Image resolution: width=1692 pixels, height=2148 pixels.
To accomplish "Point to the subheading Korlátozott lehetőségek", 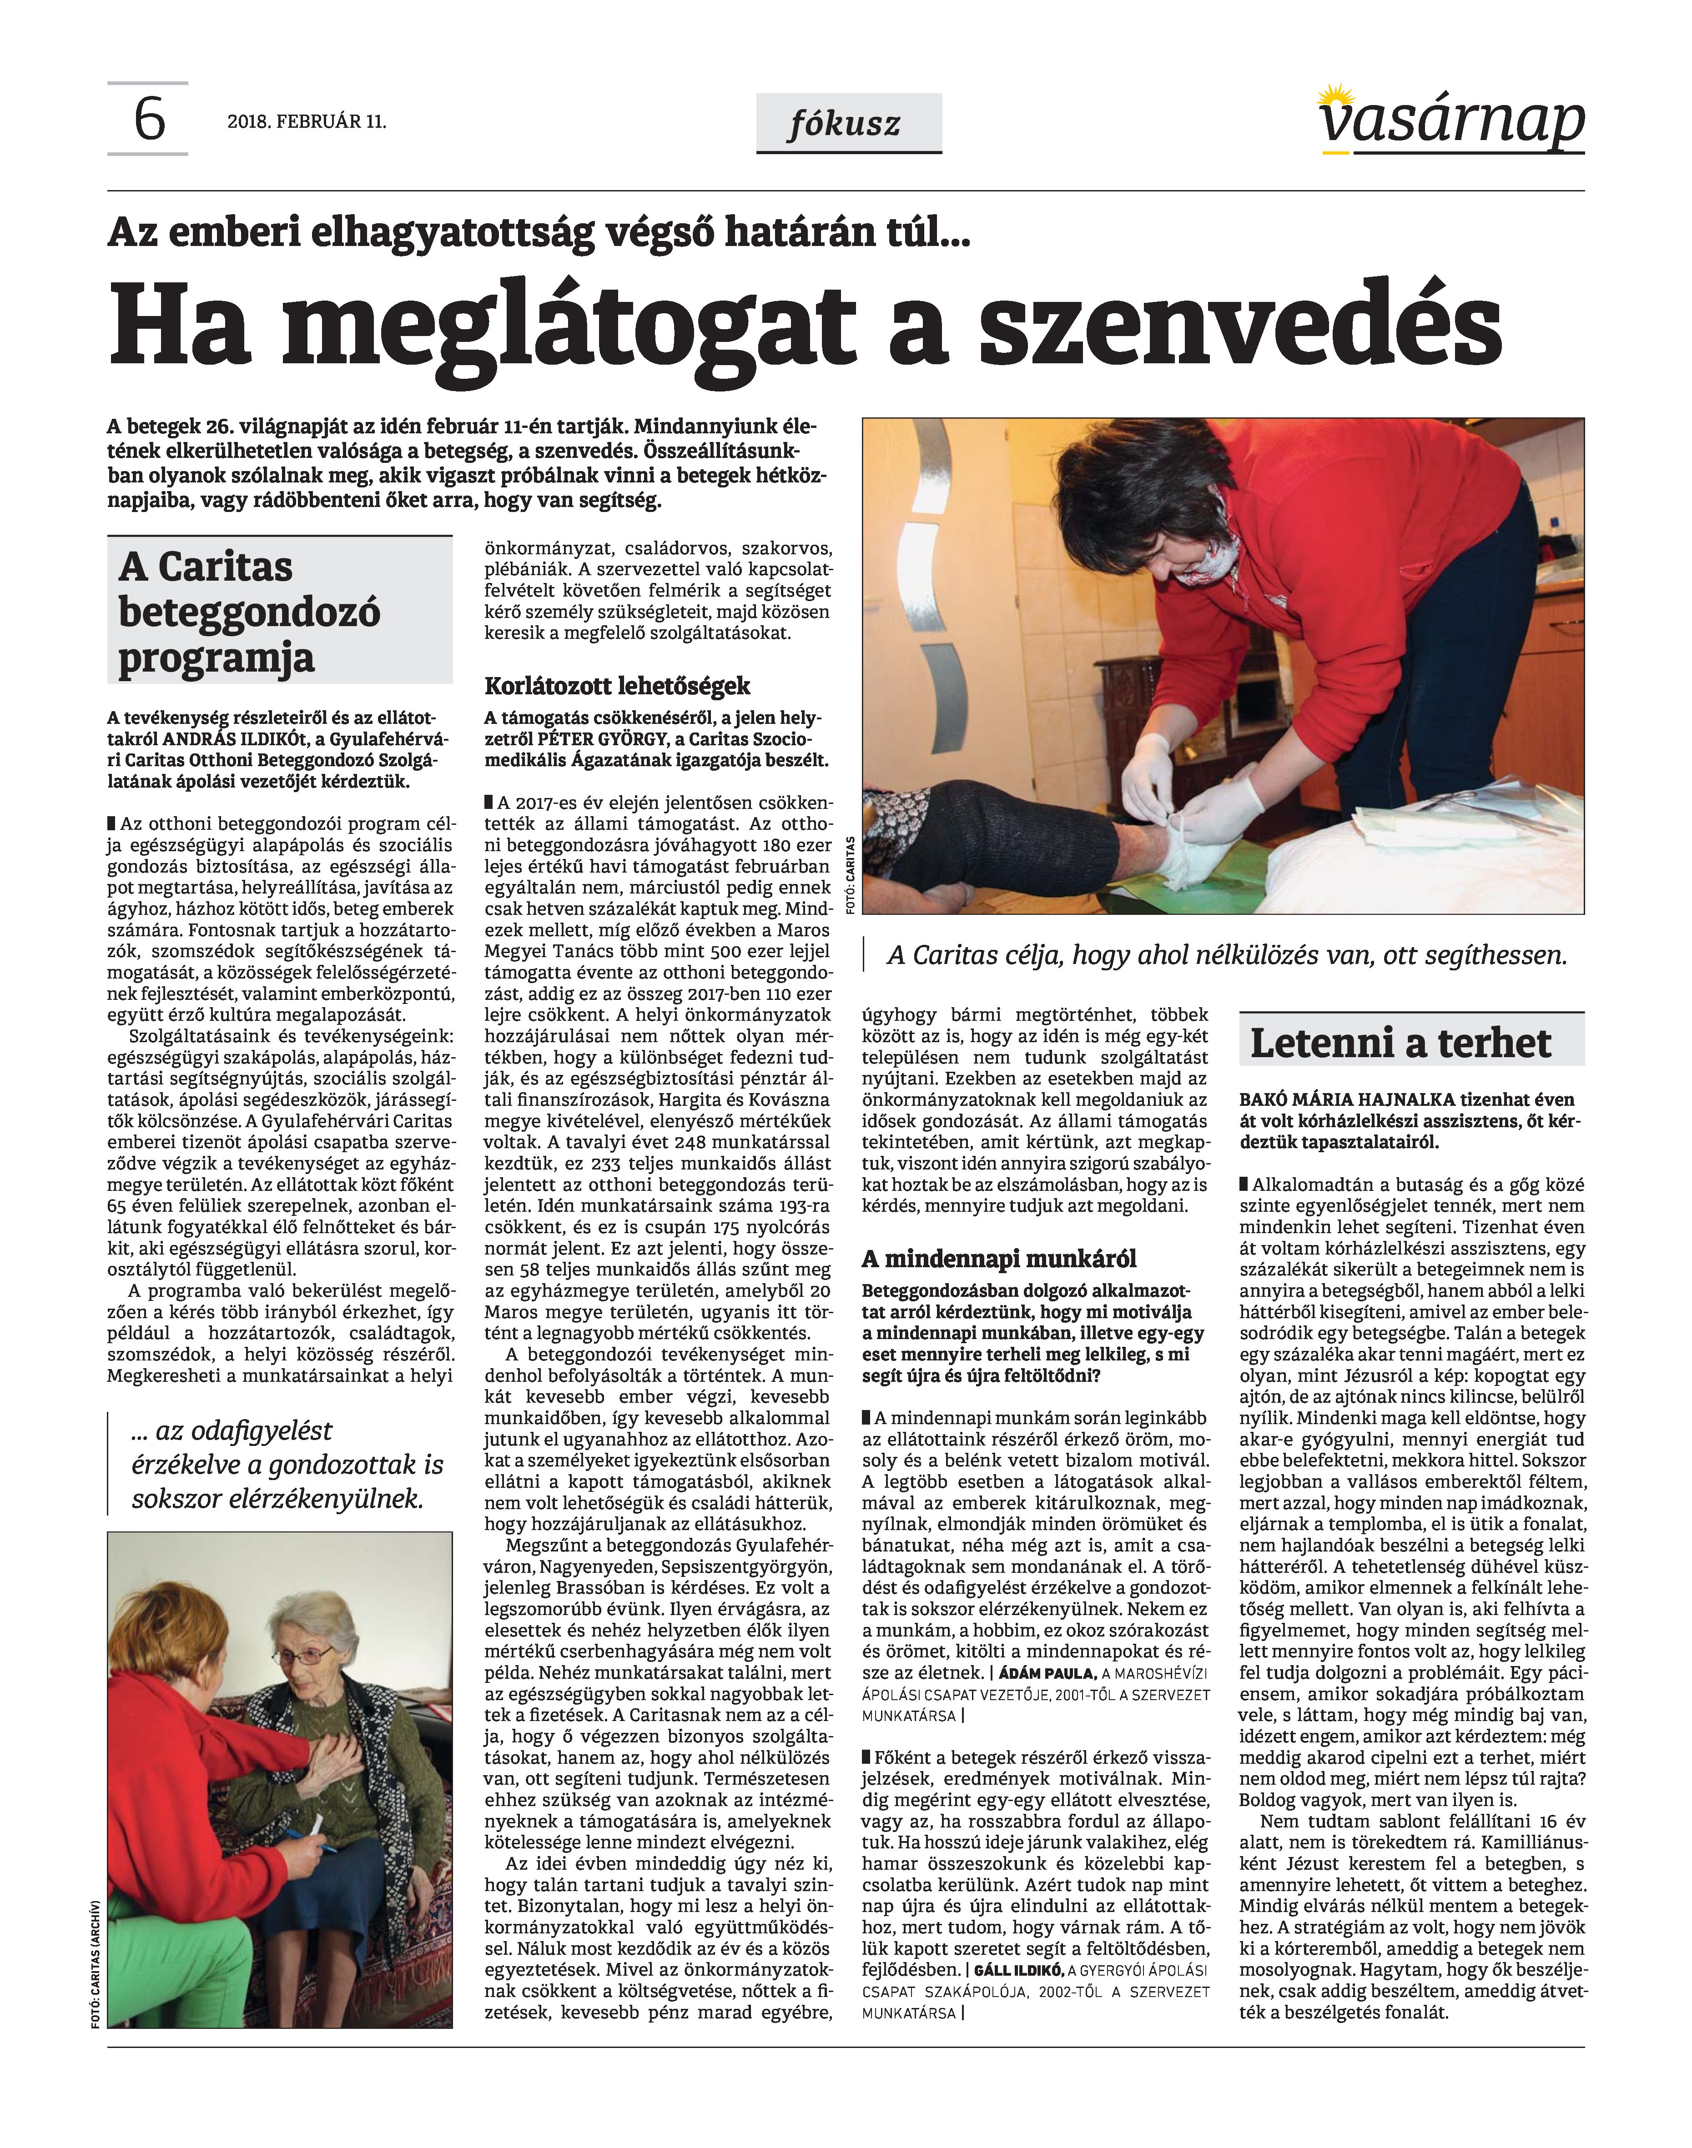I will (x=617, y=686).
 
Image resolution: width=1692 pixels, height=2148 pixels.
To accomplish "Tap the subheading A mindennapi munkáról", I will (x=998, y=1259).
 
